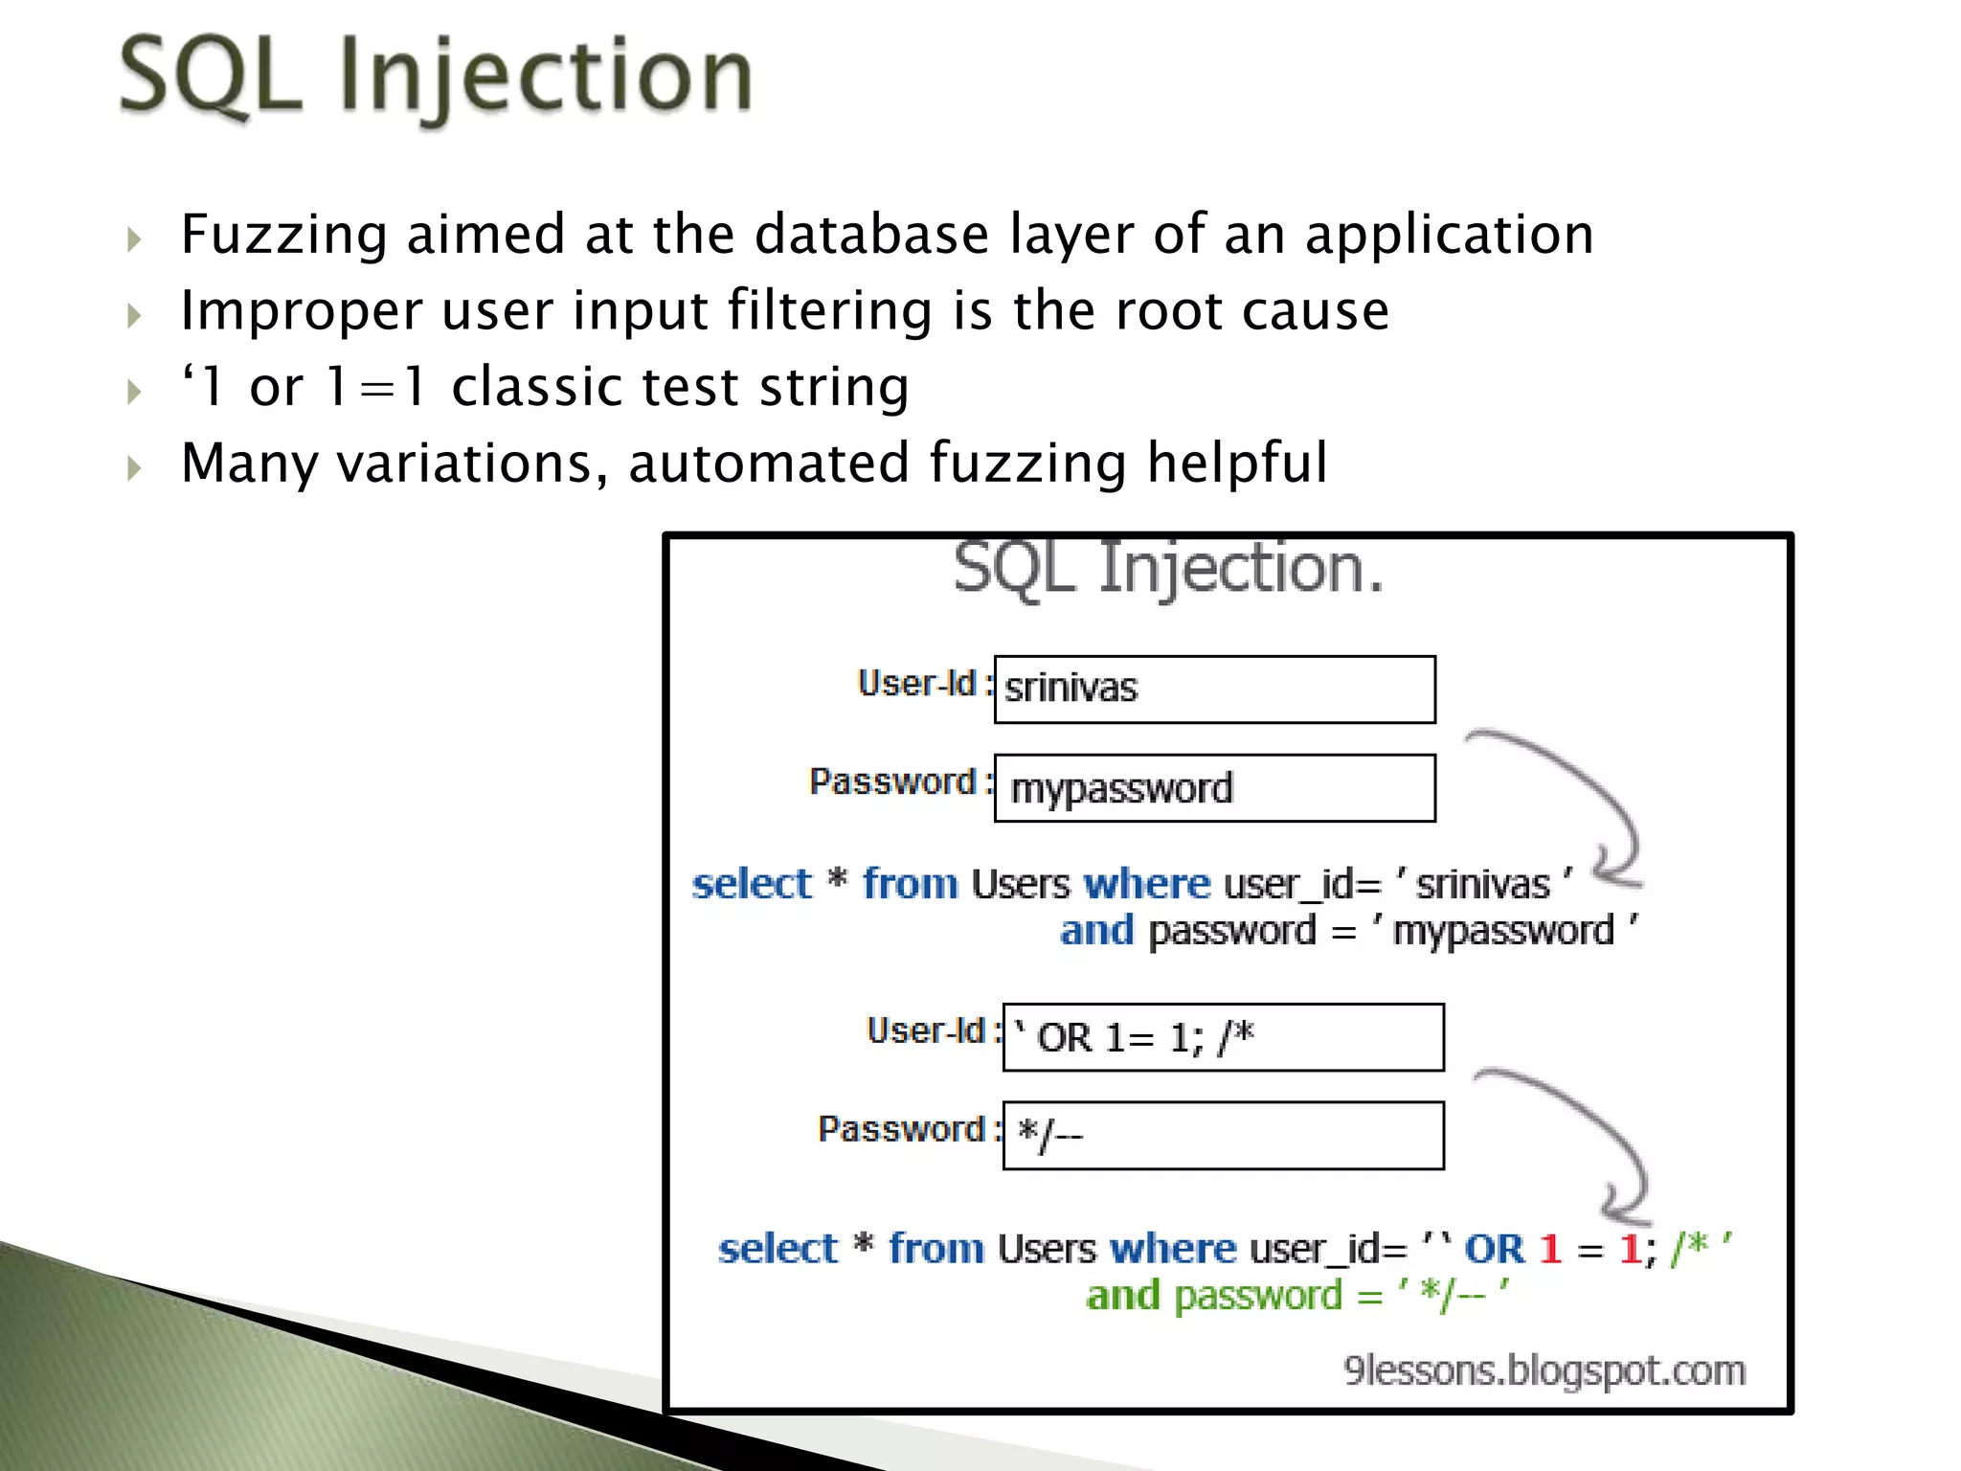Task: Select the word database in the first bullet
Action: point(871,235)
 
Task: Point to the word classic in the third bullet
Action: point(594,387)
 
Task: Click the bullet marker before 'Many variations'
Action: point(134,468)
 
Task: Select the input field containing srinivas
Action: point(1214,690)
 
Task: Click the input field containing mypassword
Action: point(1214,788)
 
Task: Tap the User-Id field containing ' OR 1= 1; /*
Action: point(1223,1037)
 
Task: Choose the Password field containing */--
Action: point(1223,1136)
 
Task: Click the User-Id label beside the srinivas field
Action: point(917,684)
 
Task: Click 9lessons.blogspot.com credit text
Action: point(1544,1370)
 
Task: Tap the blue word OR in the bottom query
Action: point(1494,1249)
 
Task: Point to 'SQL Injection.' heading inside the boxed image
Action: point(1168,570)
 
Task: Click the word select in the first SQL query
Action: point(752,884)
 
